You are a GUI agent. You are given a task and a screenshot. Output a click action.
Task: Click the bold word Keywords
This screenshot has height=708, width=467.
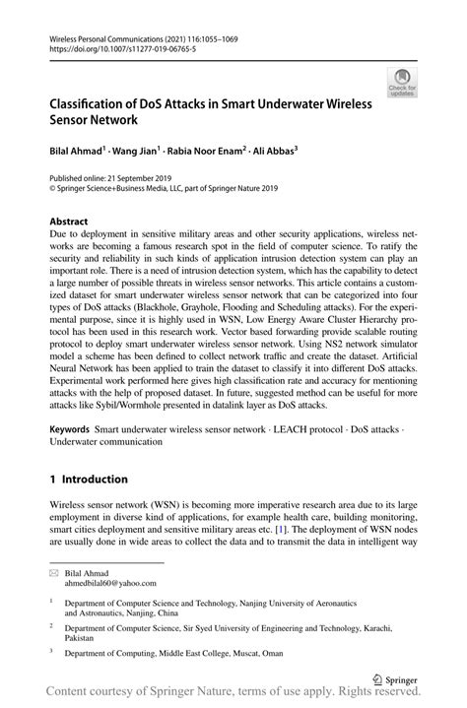[72, 430]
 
